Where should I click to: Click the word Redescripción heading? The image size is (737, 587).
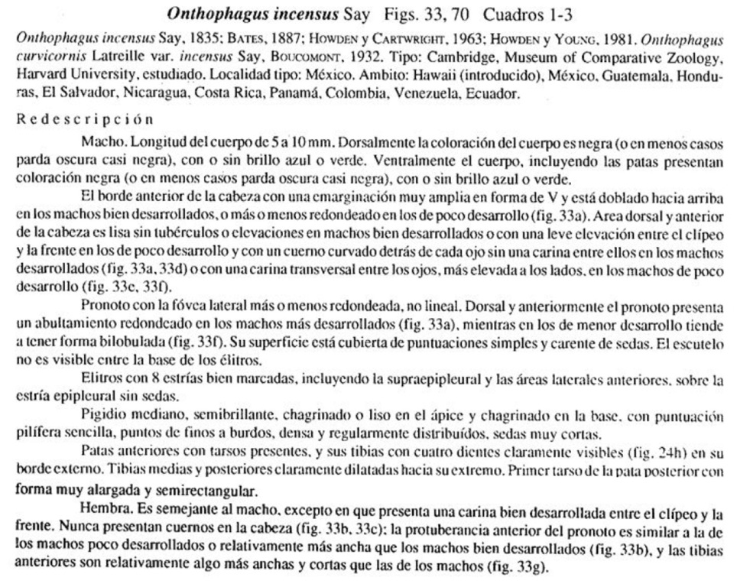coord(85,119)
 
